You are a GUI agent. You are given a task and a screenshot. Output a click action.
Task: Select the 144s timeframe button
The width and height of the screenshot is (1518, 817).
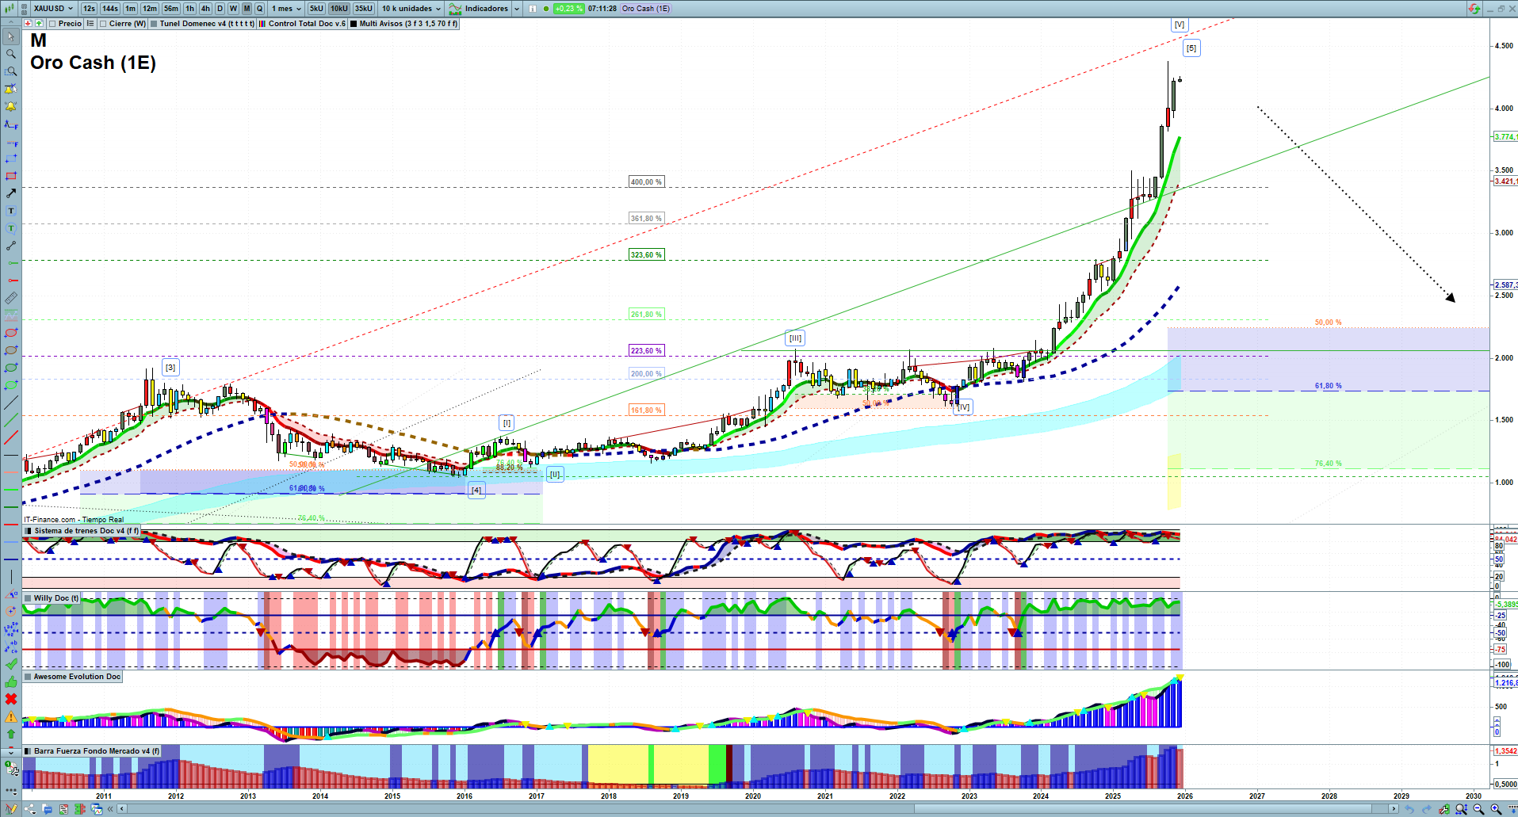(110, 9)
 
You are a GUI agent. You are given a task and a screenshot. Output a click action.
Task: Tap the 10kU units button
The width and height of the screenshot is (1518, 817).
(339, 9)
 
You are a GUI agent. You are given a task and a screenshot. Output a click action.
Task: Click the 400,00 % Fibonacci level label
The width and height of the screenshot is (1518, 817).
(646, 182)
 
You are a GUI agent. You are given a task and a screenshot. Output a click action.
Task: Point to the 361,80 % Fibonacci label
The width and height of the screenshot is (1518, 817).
(646, 219)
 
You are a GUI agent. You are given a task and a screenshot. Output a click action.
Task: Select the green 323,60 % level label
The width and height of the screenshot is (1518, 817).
(646, 255)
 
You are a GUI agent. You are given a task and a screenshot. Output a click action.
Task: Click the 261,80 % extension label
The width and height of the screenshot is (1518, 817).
(646, 315)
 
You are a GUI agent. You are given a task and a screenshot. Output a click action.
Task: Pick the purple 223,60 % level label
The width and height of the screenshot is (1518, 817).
(646, 351)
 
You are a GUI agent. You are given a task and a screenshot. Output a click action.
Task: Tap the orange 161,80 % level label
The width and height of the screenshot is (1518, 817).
(646, 410)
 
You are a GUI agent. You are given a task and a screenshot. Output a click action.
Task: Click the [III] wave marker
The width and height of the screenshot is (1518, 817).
(795, 338)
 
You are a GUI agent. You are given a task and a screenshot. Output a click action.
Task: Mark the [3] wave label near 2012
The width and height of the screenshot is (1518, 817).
(170, 368)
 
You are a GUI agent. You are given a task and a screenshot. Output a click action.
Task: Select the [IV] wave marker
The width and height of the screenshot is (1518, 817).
(964, 407)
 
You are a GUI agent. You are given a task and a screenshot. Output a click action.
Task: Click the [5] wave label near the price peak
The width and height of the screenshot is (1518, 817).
(1191, 48)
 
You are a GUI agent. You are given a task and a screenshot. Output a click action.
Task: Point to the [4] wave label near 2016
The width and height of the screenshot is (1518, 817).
(476, 490)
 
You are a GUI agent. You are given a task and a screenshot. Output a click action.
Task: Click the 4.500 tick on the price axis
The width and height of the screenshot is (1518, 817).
(1503, 46)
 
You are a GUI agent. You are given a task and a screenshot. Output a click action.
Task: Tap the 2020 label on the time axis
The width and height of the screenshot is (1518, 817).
(752, 796)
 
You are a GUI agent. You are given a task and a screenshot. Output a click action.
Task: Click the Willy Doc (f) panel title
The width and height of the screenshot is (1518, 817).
(55, 598)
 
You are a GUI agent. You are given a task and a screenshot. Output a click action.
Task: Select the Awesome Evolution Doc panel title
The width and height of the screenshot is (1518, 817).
(77, 677)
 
